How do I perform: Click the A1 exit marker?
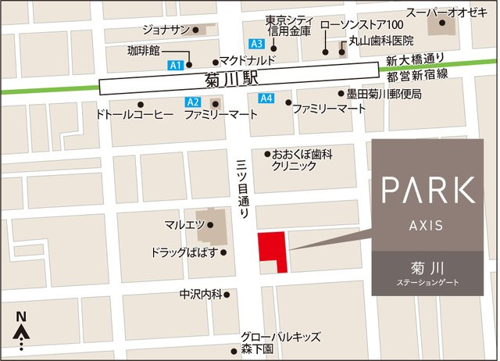(176, 64)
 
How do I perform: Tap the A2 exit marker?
(193, 102)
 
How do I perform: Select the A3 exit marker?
(255, 43)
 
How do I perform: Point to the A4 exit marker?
(266, 98)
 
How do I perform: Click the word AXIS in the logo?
(426, 225)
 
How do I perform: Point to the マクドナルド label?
(249, 61)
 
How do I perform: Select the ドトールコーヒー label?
(133, 115)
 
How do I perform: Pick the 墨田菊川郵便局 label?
(384, 94)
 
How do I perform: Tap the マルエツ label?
(184, 224)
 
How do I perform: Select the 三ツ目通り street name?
(241, 184)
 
